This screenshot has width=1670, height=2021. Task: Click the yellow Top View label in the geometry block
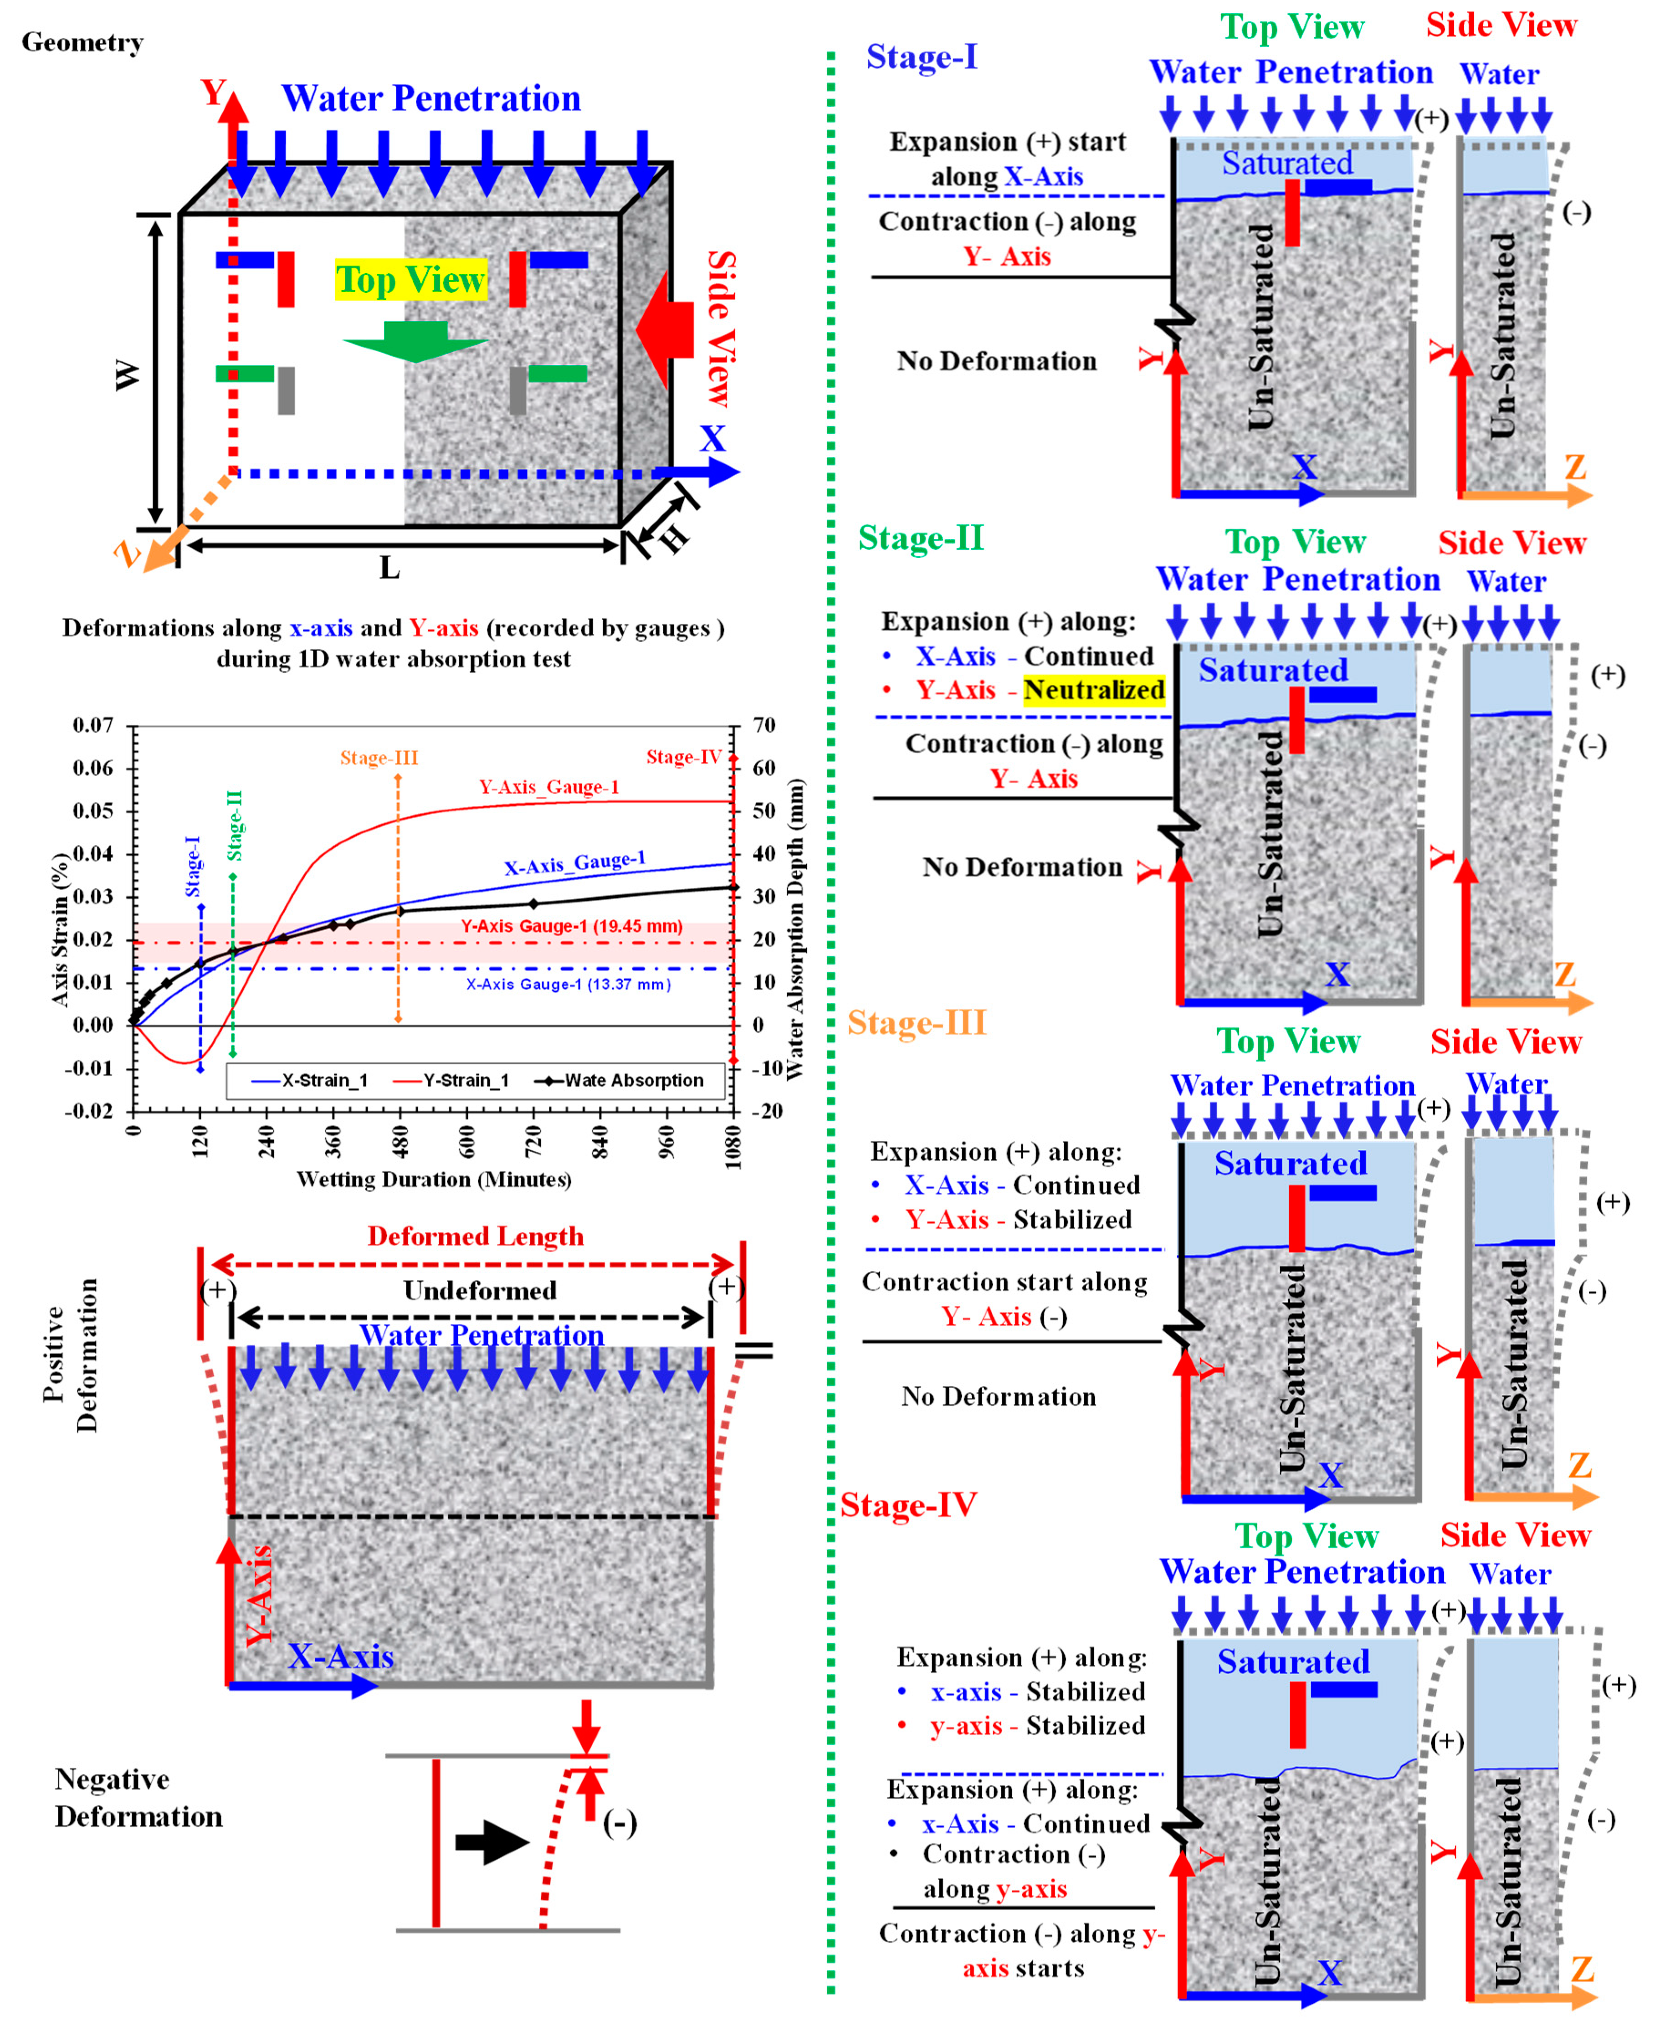(x=411, y=280)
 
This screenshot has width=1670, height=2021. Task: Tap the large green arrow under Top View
(x=415, y=343)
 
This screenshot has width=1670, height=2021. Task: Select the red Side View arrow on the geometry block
(x=666, y=330)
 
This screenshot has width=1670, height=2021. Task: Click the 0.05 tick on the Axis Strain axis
(x=93, y=811)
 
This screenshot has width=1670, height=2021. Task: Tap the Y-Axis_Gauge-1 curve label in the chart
(x=549, y=787)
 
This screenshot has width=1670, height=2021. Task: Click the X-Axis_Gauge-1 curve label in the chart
(x=574, y=863)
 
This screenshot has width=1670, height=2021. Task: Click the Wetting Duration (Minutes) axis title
(x=434, y=1180)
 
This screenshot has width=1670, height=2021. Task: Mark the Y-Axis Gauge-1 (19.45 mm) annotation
(x=571, y=926)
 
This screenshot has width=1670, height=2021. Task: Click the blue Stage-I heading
(x=922, y=57)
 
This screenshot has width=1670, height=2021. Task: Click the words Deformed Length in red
(x=475, y=1236)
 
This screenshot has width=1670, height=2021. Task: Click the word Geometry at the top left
(x=83, y=42)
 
